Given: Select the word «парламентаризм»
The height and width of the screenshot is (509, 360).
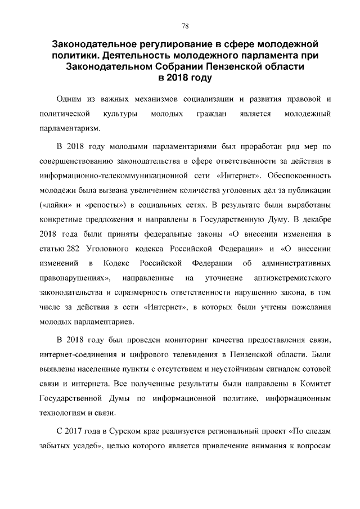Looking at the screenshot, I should (70, 129).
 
